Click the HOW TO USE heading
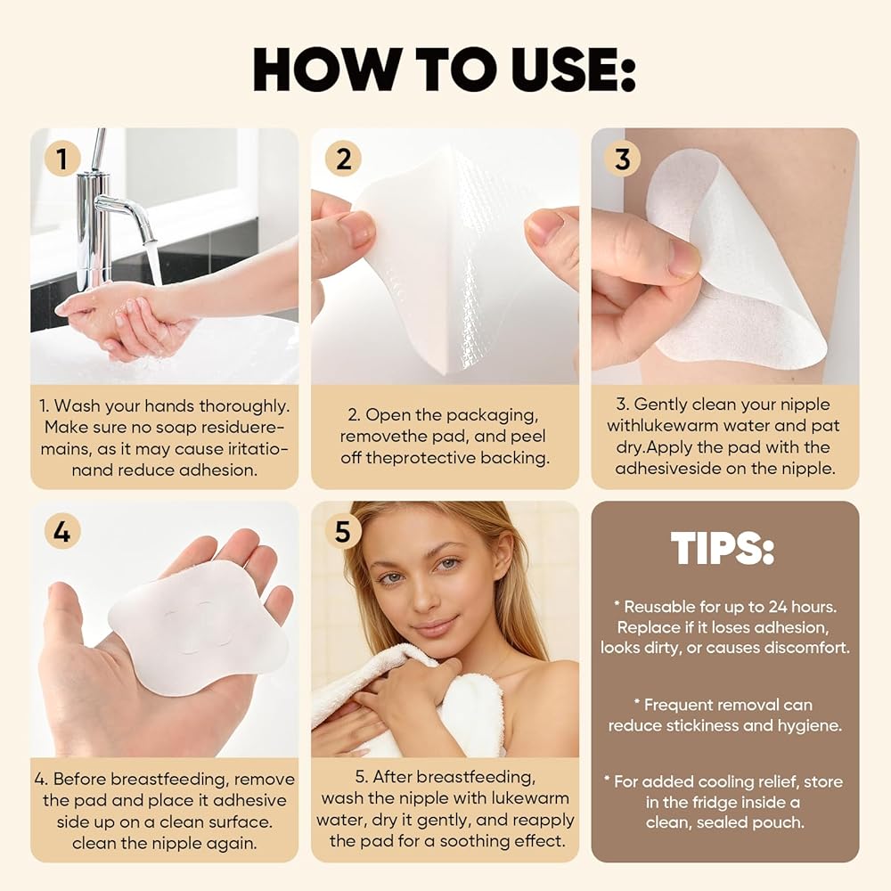[x=444, y=69]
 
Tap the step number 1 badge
[x=62, y=159]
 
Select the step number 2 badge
[x=343, y=159]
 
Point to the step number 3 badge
[x=623, y=159]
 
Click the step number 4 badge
[x=62, y=531]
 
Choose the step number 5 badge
[x=343, y=531]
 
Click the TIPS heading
[x=723, y=548]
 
